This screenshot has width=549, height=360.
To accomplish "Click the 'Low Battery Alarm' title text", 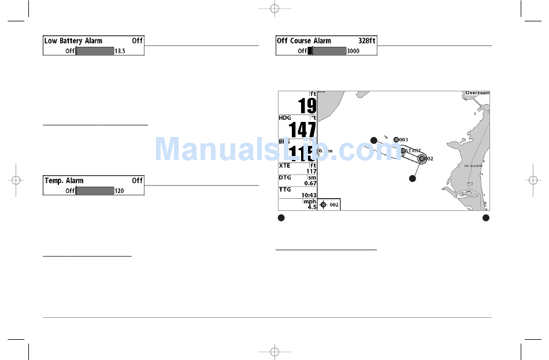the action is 73,41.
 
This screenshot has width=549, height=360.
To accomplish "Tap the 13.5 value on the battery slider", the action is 120,51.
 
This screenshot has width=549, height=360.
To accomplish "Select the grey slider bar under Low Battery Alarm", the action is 95,51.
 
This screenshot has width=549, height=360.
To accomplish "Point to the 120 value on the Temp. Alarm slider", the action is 120,191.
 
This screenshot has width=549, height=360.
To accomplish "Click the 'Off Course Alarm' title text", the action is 304,41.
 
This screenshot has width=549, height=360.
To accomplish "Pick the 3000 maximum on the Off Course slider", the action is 353,51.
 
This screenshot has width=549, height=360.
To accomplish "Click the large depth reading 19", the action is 307,106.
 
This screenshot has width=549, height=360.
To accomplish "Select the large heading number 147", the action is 303,129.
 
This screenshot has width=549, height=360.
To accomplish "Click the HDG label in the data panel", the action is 285,118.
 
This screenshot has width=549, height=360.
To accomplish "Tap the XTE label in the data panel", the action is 285,165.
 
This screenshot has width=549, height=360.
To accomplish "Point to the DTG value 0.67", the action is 310,183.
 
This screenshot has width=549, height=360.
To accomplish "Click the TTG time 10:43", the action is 309,195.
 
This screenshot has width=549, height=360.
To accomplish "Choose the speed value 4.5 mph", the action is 312,206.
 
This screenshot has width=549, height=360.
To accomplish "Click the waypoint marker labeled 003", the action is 396,140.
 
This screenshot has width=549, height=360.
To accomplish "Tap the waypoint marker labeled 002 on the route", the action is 422,158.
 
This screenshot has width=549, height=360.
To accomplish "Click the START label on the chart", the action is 413,150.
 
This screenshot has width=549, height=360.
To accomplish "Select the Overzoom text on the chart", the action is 477,93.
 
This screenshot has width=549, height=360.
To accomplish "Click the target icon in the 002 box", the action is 324,205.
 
